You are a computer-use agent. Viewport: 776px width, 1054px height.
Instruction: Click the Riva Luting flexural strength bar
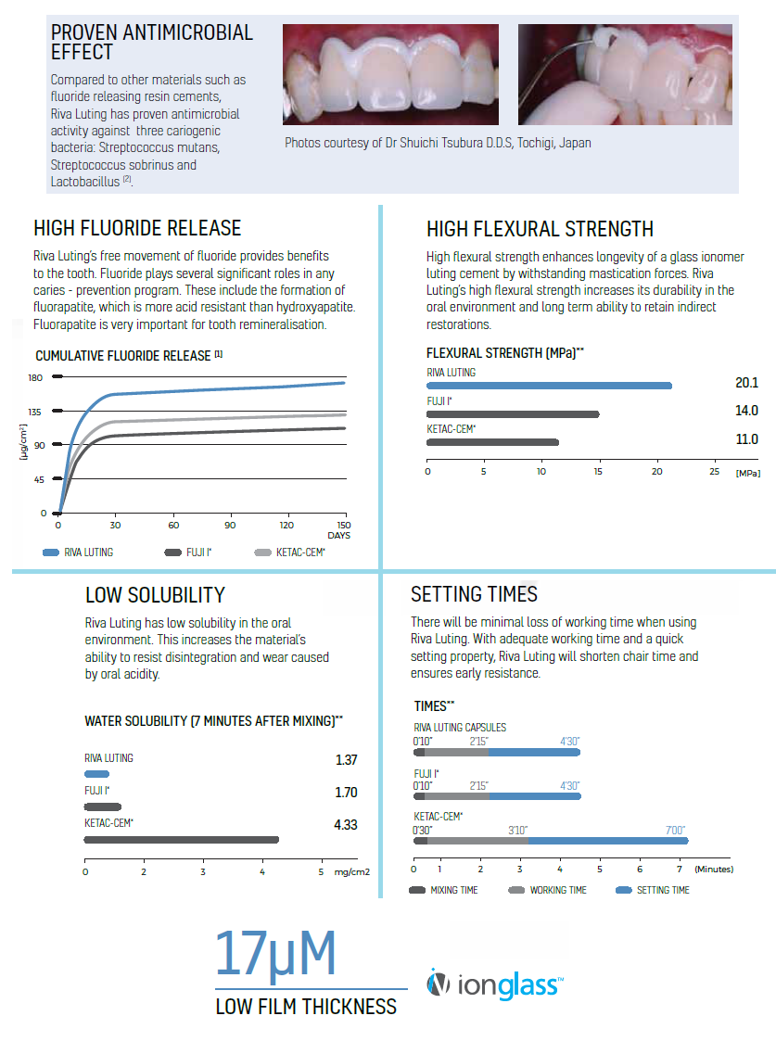pyautogui.click(x=549, y=386)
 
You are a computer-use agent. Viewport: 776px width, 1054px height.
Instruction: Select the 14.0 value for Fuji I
pyautogui.click(x=747, y=411)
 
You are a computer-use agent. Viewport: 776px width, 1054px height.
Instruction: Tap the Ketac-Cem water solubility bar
pyautogui.click(x=181, y=840)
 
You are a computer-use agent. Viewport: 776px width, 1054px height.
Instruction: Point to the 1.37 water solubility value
pyautogui.click(x=346, y=760)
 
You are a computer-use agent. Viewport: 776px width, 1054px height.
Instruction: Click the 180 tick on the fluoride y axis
pyautogui.click(x=36, y=377)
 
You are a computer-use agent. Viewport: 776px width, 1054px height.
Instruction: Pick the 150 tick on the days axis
pyautogui.click(x=343, y=525)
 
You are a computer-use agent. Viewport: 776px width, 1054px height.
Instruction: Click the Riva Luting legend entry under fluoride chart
pyautogui.click(x=78, y=552)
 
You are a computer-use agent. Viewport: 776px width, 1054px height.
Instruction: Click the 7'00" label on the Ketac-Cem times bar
pyautogui.click(x=675, y=831)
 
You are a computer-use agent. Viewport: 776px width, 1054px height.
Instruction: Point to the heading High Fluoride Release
pyautogui.click(x=137, y=228)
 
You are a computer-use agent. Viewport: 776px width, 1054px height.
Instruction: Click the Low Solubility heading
pyautogui.click(x=155, y=595)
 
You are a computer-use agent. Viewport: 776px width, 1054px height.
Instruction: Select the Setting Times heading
pyautogui.click(x=474, y=594)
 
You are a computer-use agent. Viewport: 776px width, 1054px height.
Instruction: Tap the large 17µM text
pyautogui.click(x=274, y=956)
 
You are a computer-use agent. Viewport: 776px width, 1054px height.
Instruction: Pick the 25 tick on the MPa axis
pyautogui.click(x=715, y=472)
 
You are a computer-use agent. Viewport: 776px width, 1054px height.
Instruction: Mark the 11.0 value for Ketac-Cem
pyautogui.click(x=747, y=439)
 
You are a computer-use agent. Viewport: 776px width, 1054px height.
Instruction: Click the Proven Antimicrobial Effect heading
pyautogui.click(x=151, y=42)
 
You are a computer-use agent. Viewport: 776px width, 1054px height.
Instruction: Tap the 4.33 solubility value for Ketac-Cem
pyautogui.click(x=346, y=824)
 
